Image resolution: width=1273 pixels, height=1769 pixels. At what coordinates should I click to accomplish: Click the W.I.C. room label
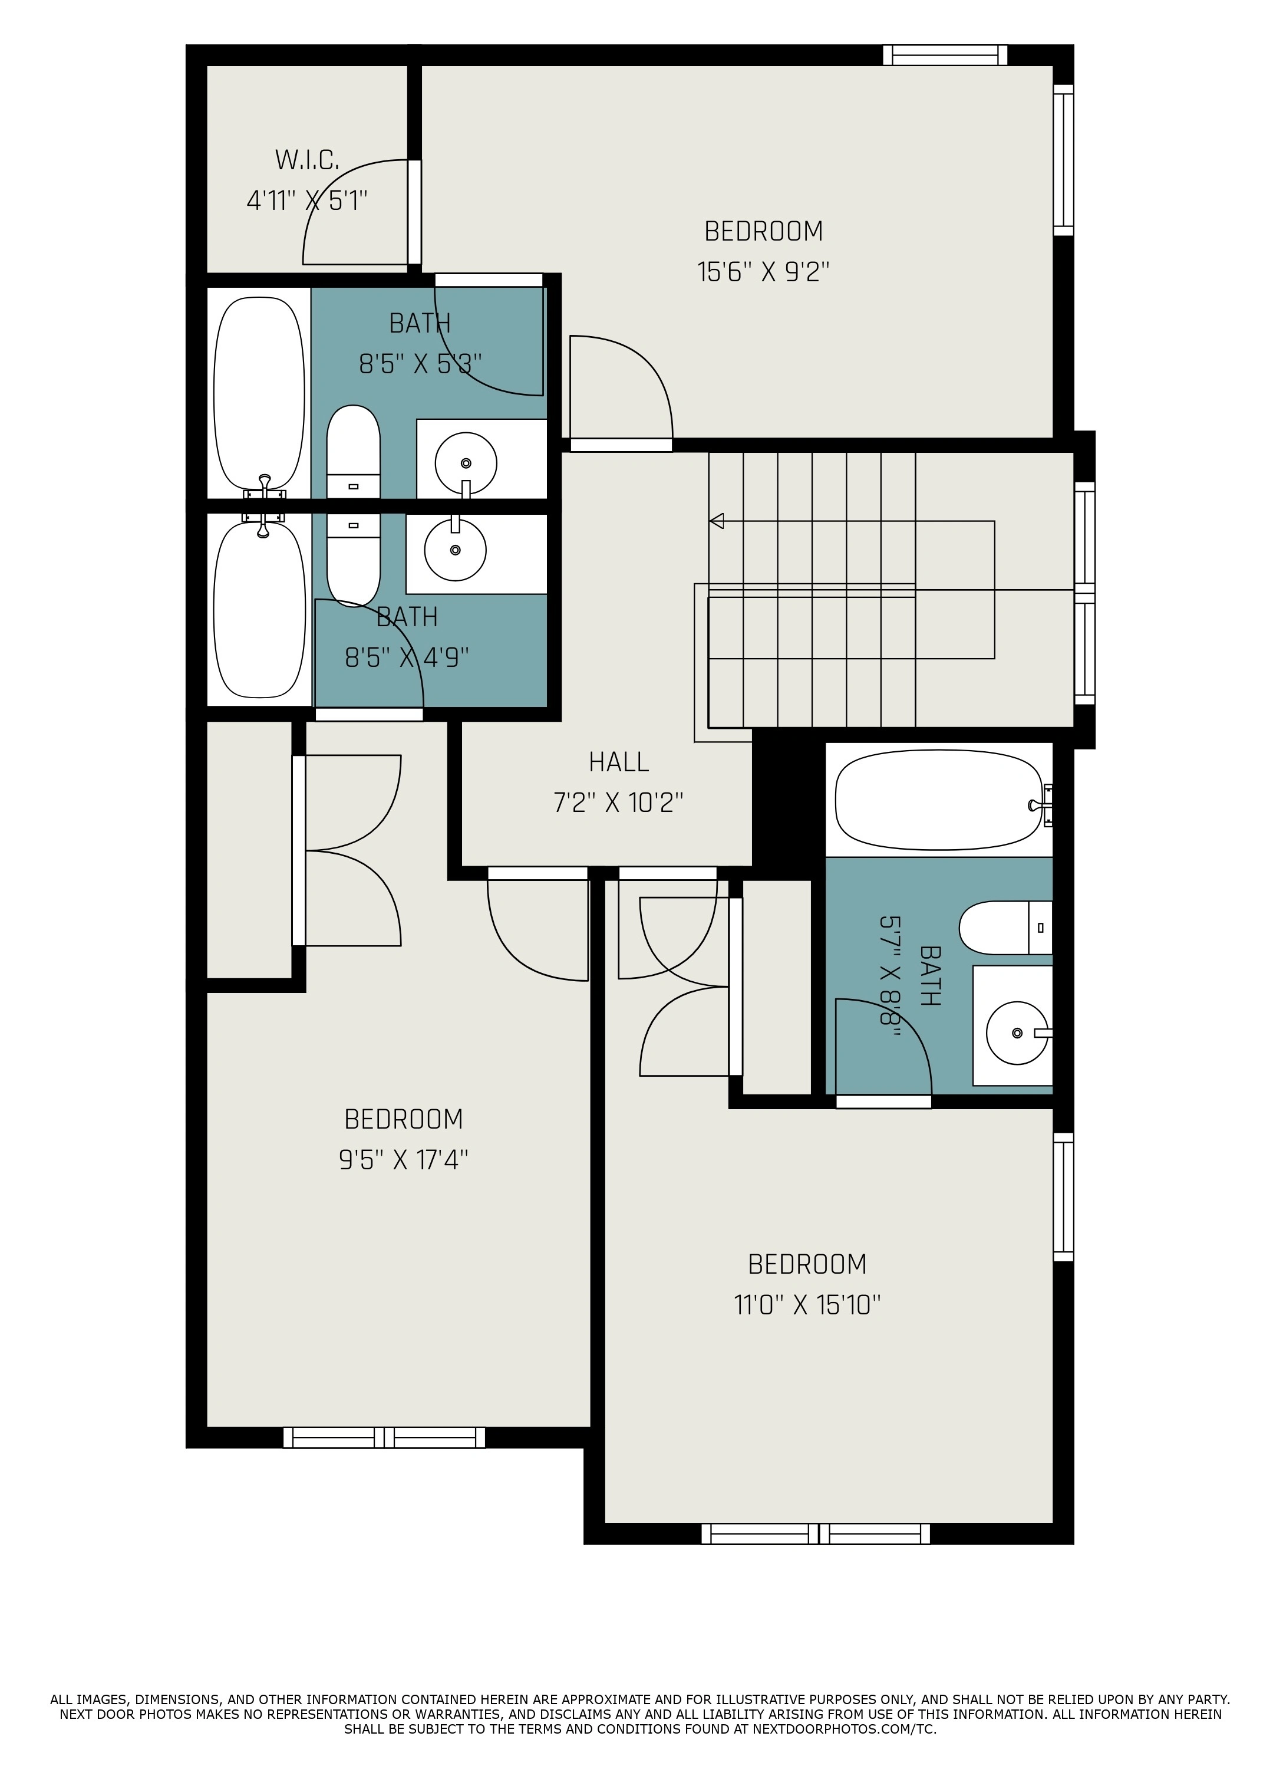click(x=307, y=160)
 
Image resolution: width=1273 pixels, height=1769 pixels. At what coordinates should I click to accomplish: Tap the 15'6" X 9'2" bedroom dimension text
click(x=763, y=272)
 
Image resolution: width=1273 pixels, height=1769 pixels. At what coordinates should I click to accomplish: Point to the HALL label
click(x=619, y=762)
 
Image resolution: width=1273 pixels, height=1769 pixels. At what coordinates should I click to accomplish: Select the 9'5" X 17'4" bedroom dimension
click(x=403, y=1160)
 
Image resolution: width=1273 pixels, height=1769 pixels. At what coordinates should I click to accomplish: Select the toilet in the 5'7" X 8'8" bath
click(x=1005, y=928)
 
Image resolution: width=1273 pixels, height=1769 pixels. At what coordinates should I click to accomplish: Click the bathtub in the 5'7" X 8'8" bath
click(x=939, y=800)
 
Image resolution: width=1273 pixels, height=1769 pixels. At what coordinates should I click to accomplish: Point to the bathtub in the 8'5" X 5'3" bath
click(x=259, y=393)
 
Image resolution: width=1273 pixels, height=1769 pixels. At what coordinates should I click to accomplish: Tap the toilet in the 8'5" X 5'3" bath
click(x=353, y=452)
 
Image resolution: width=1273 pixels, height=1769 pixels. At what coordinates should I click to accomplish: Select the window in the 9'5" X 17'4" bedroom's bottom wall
click(x=384, y=1438)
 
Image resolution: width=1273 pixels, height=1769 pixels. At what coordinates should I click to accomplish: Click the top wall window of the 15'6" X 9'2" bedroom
click(x=945, y=55)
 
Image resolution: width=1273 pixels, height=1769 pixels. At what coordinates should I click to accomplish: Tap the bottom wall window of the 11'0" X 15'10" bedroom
click(x=816, y=1534)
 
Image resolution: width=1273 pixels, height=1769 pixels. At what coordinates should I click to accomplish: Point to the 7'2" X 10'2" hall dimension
click(x=618, y=803)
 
